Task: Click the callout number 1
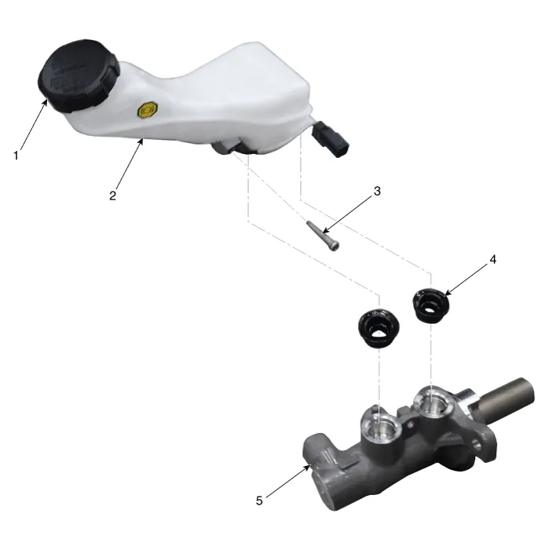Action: [16, 156]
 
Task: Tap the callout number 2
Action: [112, 196]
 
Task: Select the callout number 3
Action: [377, 191]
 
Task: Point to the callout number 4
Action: [493, 259]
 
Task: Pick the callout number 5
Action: [259, 500]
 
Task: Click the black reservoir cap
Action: [79, 75]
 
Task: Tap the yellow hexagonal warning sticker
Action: [148, 111]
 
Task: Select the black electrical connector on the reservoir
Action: [331, 139]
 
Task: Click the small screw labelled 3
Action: [324, 236]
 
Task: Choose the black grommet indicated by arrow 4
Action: [430, 305]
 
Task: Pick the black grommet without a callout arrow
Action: [379, 328]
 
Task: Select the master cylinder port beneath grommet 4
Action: [434, 402]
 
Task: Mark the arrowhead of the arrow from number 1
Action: [46, 102]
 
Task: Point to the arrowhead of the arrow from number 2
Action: [141, 141]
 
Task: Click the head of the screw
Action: [335, 247]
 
